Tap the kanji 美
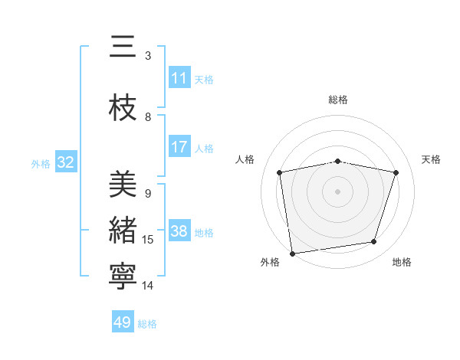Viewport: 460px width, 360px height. coord(123,185)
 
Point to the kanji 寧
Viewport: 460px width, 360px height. coord(123,277)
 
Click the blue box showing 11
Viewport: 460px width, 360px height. coord(179,78)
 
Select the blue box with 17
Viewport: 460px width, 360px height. coord(179,147)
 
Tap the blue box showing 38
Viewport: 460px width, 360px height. coord(179,231)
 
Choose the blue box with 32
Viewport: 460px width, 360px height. coord(65,162)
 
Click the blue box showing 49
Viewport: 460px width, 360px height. coord(123,322)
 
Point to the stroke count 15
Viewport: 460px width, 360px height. coord(148,240)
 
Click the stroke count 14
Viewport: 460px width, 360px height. coord(148,286)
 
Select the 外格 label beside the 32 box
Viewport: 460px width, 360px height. coord(41,163)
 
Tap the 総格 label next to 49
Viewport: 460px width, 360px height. coord(147,323)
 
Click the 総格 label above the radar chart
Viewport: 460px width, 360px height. coord(338,100)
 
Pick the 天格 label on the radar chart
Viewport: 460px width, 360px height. coord(432,159)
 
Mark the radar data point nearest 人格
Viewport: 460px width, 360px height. coord(280,172)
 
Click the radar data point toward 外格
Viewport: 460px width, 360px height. coord(292,253)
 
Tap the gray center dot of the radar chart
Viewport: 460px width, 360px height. coord(338,191)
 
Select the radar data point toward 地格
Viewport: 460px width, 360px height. coord(374,242)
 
